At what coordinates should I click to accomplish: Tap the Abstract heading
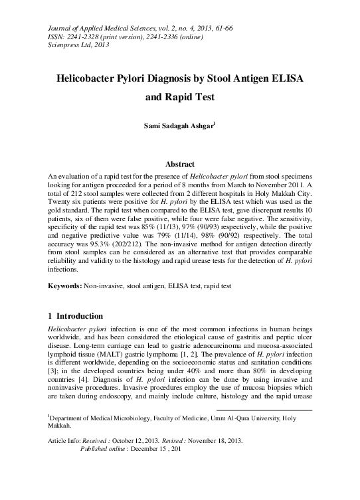click(179, 164)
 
